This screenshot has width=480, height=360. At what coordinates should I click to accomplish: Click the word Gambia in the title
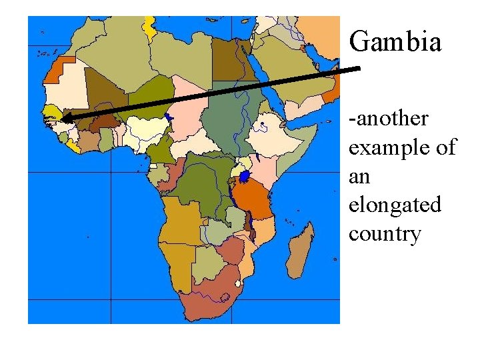(x=395, y=41)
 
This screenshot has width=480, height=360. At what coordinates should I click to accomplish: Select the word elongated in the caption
(x=395, y=205)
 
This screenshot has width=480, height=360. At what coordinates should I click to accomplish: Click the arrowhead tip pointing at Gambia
(x=63, y=119)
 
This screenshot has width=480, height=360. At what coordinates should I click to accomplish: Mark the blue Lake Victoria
(x=245, y=177)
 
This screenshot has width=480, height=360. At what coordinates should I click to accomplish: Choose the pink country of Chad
(x=187, y=107)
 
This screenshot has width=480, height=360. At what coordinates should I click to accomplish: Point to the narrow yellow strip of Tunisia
(x=149, y=26)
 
